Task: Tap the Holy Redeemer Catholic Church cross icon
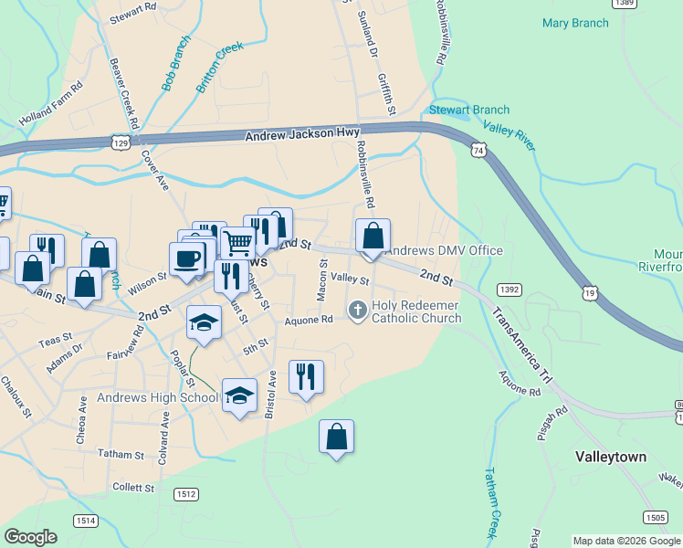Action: point(357,311)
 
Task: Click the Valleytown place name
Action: point(611,457)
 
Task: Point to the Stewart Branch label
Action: point(469,111)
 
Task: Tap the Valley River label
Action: point(509,138)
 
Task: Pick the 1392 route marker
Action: point(509,290)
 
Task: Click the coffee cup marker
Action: point(187,258)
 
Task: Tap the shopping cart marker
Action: point(237,243)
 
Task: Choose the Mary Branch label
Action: point(576,23)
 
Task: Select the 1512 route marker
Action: point(185,494)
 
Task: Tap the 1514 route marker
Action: point(86,520)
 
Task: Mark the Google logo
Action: point(31,537)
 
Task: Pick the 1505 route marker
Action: point(654,517)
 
